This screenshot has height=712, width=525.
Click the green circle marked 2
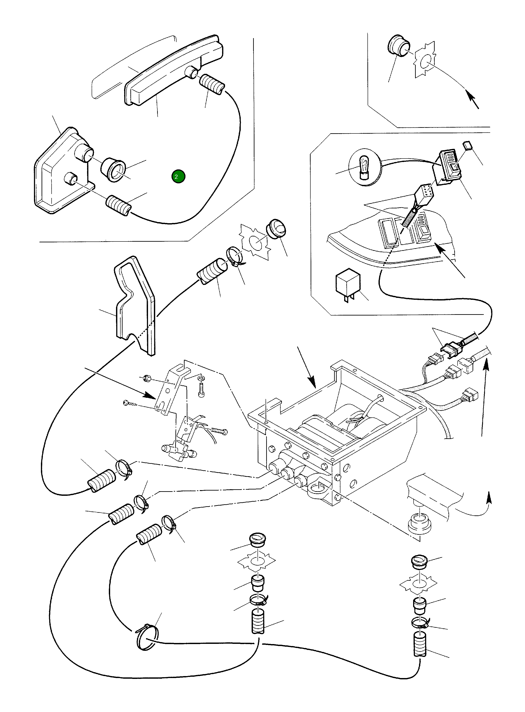[x=178, y=177]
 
